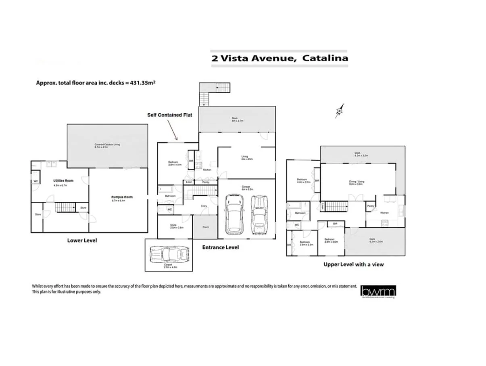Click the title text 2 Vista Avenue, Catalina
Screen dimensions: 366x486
coord(279,58)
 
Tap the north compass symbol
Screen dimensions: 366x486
coord(340,110)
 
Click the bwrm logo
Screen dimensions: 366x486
coord(378,291)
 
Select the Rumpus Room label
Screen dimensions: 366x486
coord(122,197)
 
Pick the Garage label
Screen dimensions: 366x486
coord(246,187)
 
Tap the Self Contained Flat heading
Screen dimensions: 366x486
coord(169,115)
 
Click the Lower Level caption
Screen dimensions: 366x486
coord(82,241)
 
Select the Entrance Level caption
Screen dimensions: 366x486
coord(220,247)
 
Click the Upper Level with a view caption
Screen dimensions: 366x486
coord(353,265)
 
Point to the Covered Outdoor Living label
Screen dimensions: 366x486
coord(107,144)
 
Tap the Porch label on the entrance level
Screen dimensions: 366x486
coord(206,227)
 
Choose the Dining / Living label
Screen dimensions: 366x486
coord(357,182)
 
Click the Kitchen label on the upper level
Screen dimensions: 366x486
coord(384,213)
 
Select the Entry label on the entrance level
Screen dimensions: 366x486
coord(204,207)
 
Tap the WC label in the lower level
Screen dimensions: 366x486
coord(35,181)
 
